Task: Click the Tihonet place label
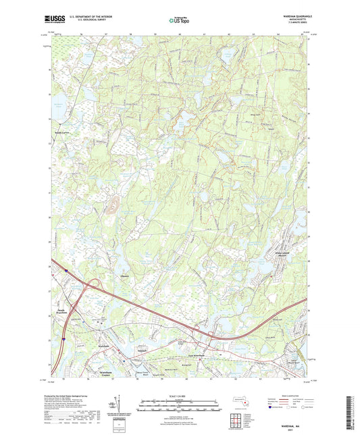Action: (124, 275)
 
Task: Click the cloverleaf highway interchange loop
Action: (93, 286)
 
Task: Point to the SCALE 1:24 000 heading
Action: (179, 396)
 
